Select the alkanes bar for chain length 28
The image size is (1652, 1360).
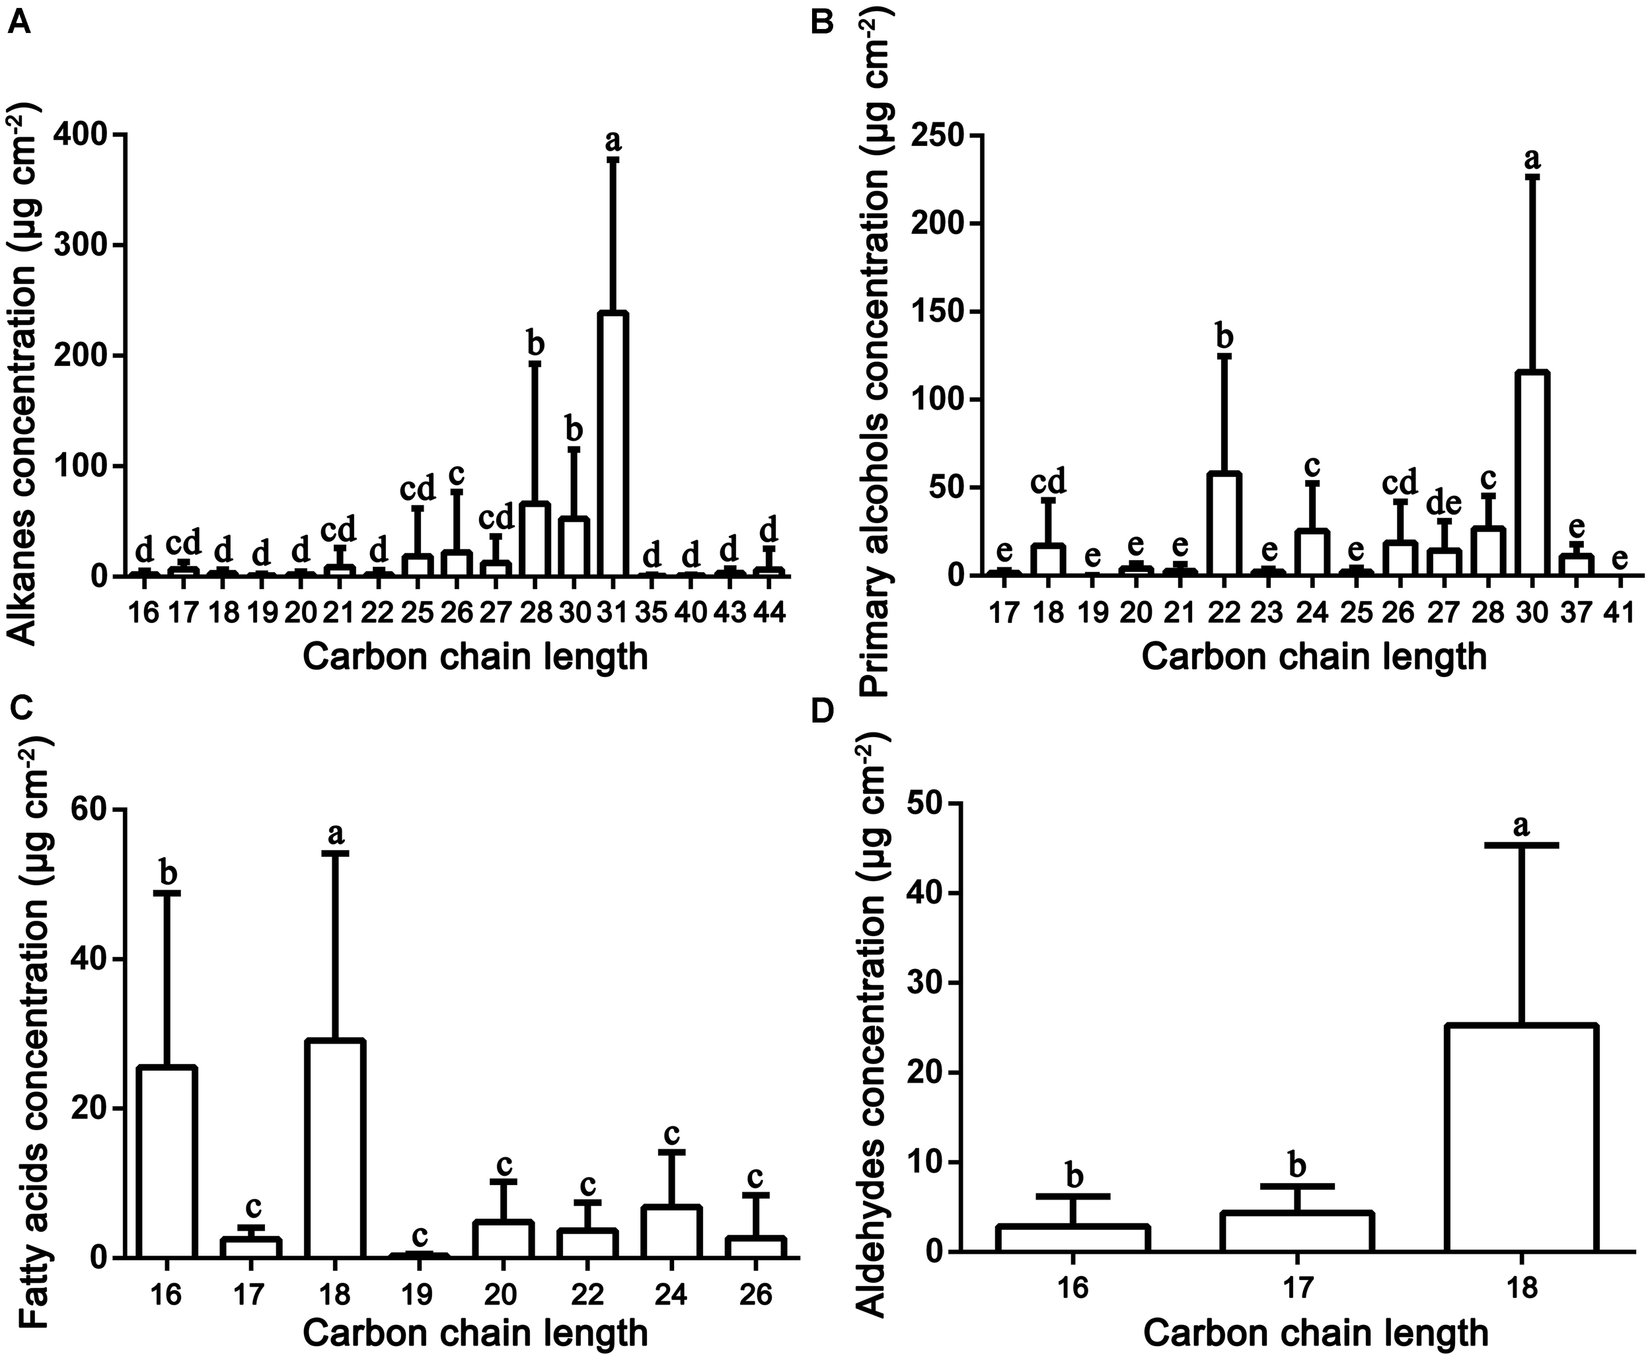535,540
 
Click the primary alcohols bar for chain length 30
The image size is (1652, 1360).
1532,474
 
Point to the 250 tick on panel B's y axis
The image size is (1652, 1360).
936,135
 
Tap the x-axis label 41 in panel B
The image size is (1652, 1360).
1620,612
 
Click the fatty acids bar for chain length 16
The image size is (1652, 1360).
167,1162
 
